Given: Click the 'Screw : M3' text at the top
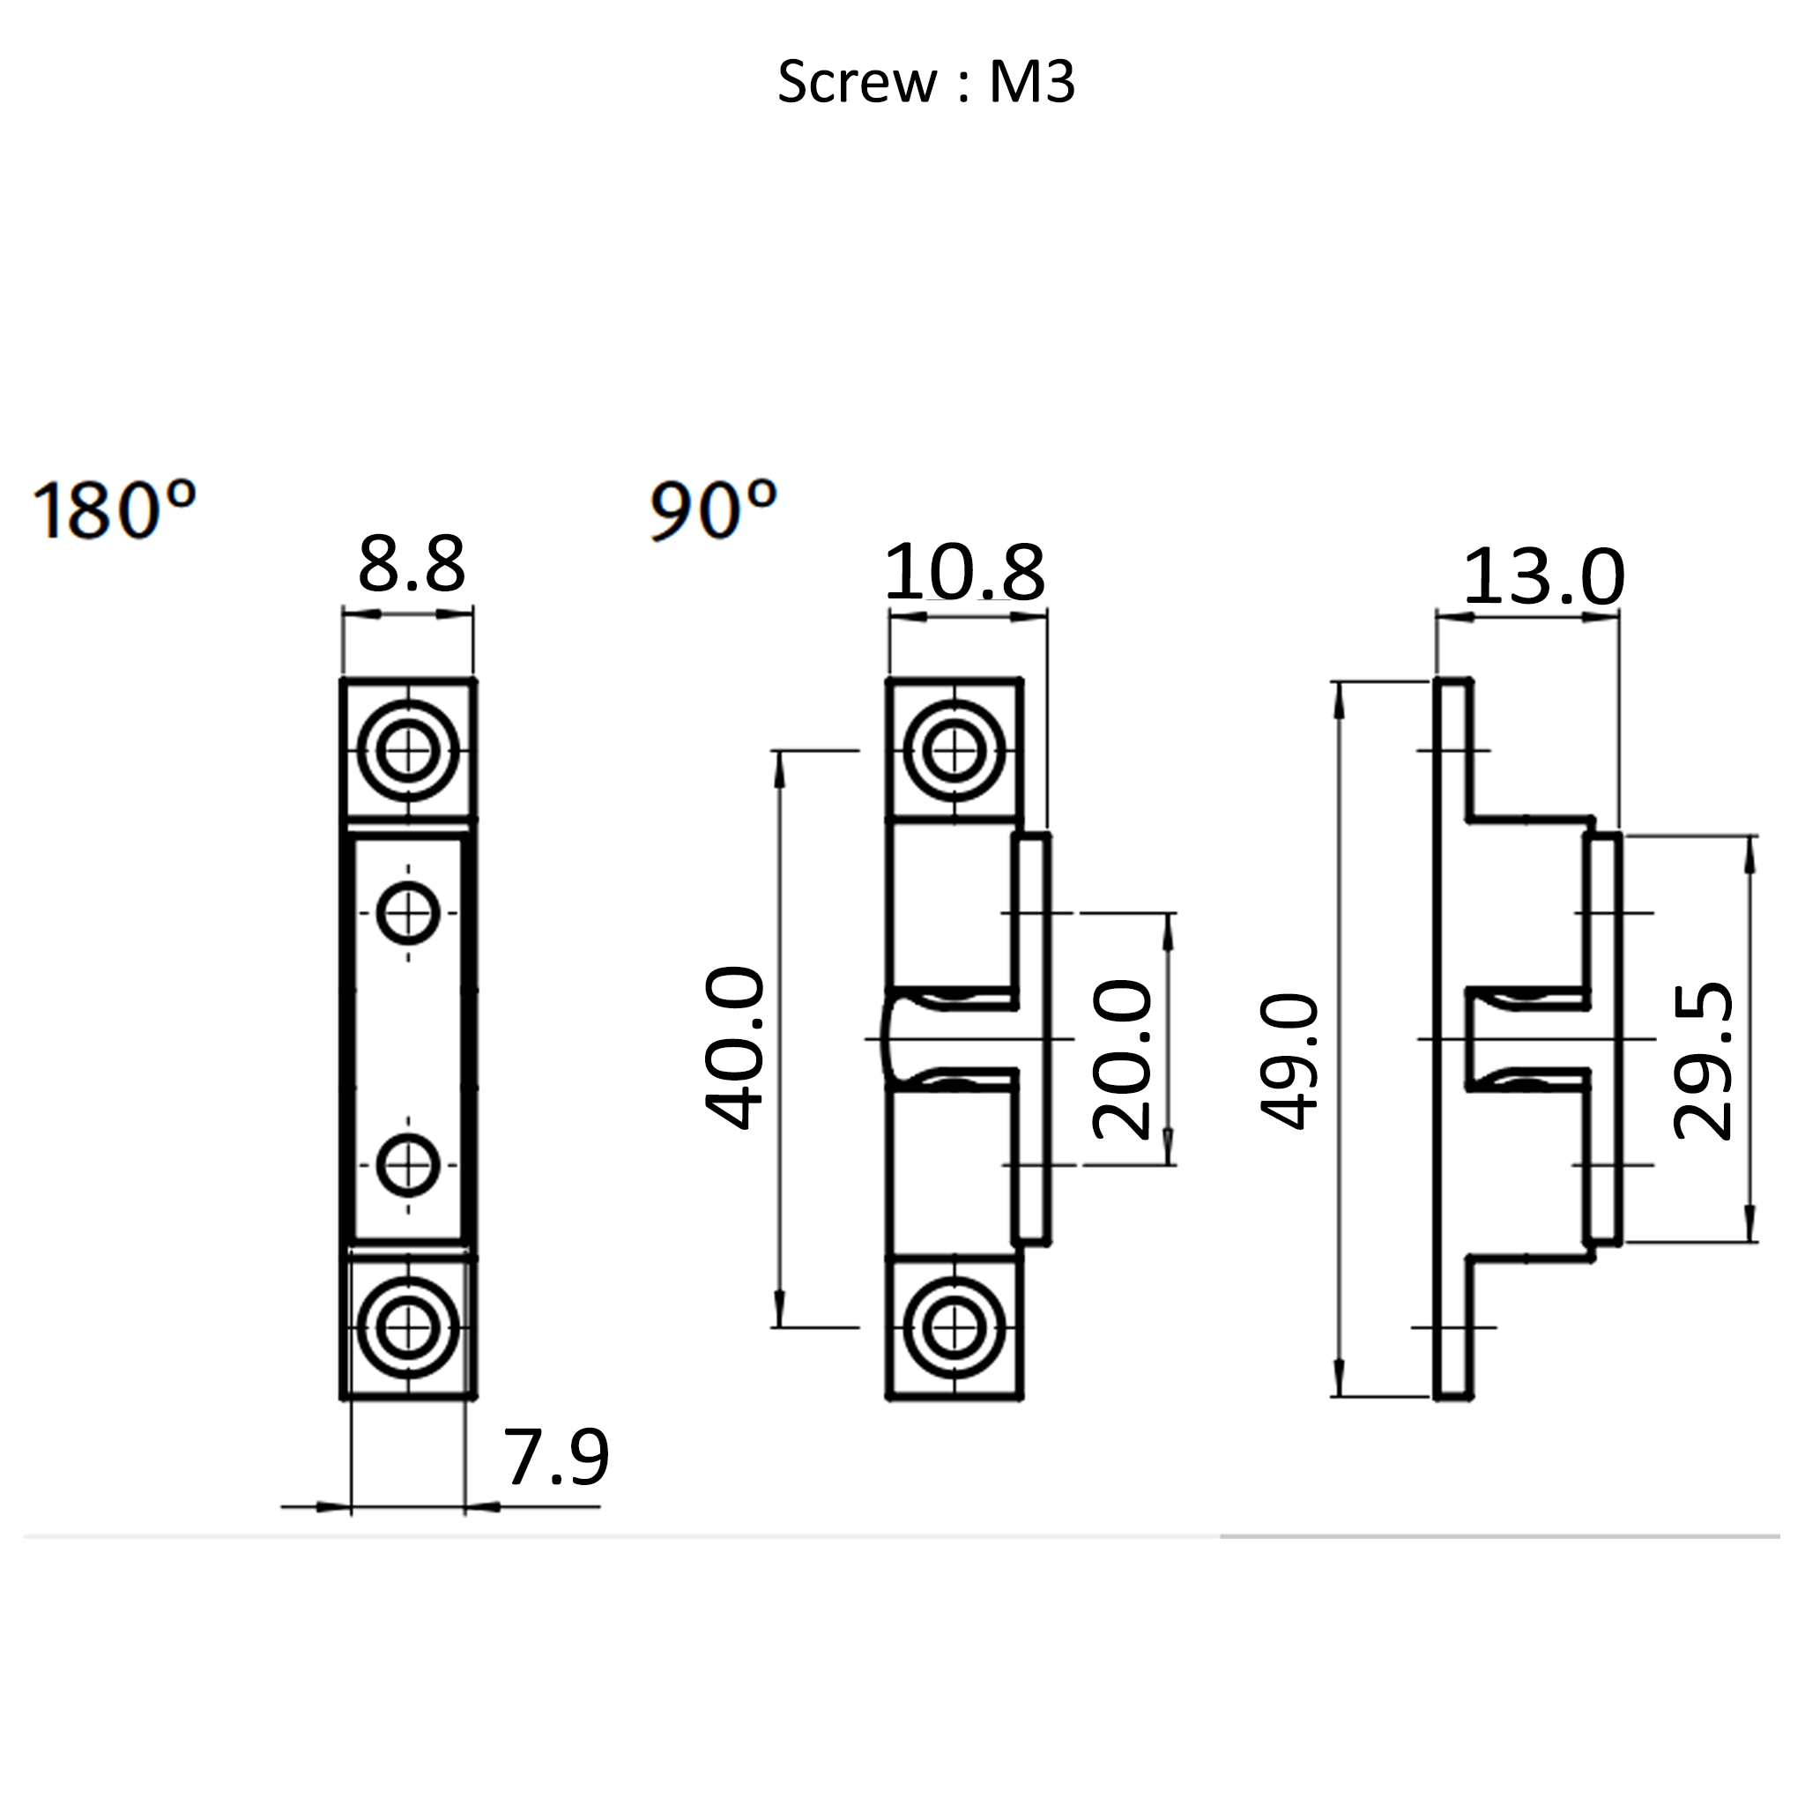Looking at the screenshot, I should point(926,82).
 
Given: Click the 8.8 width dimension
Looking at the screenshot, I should point(411,565).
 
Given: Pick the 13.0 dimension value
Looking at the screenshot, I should point(1543,578).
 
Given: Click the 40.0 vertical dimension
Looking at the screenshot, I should point(735,1048).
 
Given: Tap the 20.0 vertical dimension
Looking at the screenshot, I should point(1122,1060).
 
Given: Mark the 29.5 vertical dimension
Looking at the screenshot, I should point(1703,1061).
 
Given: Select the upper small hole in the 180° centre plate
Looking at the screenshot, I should point(408,913).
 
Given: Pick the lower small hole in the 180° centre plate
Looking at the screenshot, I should point(408,1165).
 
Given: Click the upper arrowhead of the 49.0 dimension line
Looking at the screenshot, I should point(1340,701).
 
